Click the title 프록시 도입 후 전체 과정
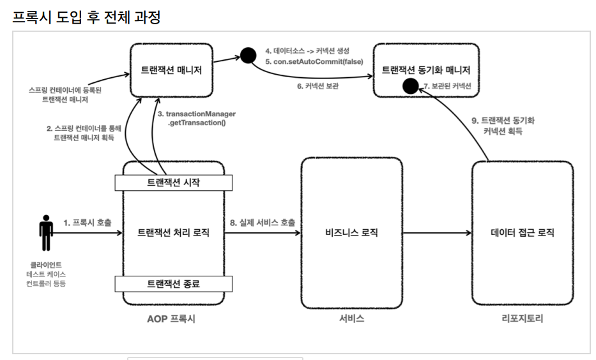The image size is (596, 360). (87, 17)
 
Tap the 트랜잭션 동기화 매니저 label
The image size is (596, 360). (425, 70)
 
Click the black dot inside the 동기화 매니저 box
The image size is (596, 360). (411, 86)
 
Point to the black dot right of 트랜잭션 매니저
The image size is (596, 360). (248, 56)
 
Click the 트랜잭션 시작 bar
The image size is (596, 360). (173, 183)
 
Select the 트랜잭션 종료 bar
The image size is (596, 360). (173, 283)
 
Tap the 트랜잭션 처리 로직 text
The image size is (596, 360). (173, 232)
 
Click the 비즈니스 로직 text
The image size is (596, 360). (351, 232)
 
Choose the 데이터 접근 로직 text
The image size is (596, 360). (523, 232)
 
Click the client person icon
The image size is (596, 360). (46, 233)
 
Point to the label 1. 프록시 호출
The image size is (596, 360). (88, 223)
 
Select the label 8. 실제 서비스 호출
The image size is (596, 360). (263, 223)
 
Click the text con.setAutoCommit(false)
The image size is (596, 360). (318, 61)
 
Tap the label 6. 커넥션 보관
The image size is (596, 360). (317, 86)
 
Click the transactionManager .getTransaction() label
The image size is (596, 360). (197, 118)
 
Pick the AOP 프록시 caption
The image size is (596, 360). (171, 319)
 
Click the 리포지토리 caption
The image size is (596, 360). (523, 319)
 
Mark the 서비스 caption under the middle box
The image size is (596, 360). (351, 319)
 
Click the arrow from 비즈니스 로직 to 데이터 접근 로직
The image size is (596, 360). (437, 233)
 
